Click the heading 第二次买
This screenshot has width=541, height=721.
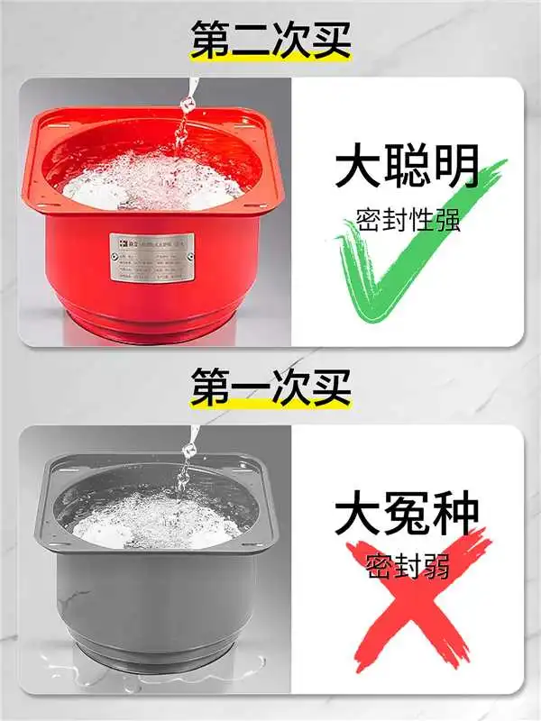[270, 41]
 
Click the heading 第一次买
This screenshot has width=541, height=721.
[270, 388]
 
